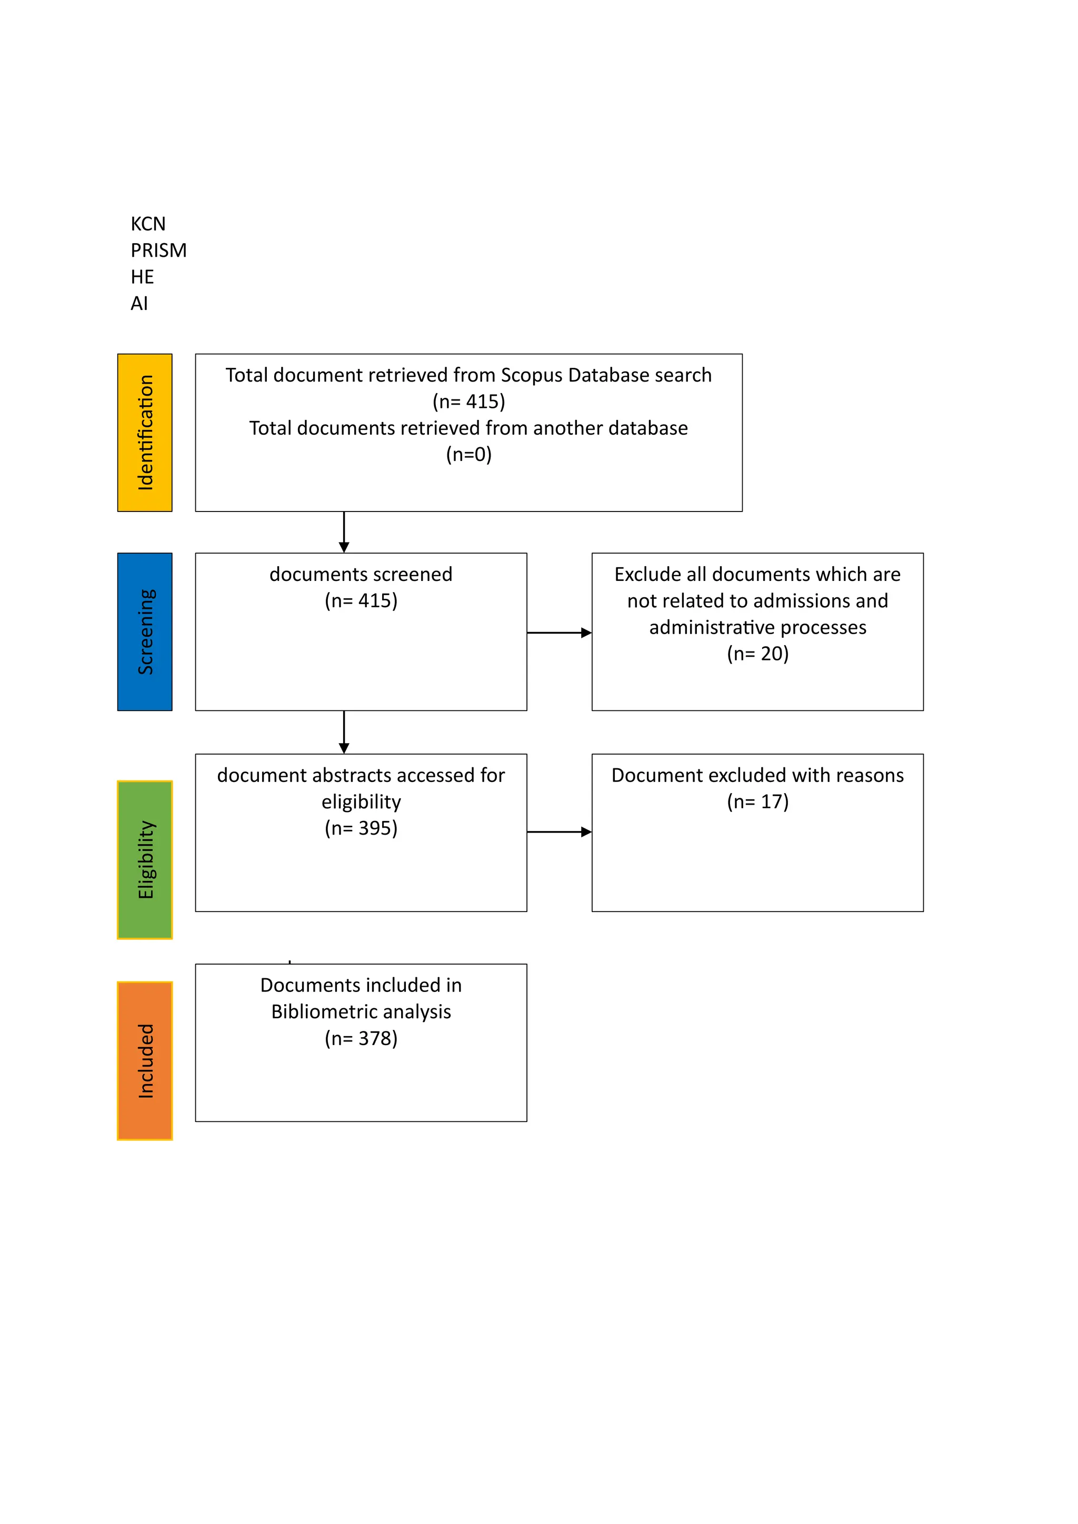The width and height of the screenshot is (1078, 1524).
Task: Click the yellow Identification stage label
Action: pos(145,432)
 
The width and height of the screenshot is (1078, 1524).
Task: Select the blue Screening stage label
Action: pos(145,631)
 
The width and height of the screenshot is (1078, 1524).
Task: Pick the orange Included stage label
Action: pos(145,1061)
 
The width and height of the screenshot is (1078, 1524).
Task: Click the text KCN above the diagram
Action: pos(148,224)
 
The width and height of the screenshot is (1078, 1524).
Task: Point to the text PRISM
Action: pos(158,251)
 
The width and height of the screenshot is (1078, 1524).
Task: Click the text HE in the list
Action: pos(142,277)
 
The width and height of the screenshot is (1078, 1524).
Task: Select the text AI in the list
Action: pos(139,304)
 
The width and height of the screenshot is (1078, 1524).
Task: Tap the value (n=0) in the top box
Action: pos(468,455)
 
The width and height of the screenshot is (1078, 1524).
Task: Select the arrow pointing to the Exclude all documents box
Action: pos(559,633)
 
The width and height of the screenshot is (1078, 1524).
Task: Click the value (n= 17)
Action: pos(757,802)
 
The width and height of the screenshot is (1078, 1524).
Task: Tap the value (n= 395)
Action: pos(361,828)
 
